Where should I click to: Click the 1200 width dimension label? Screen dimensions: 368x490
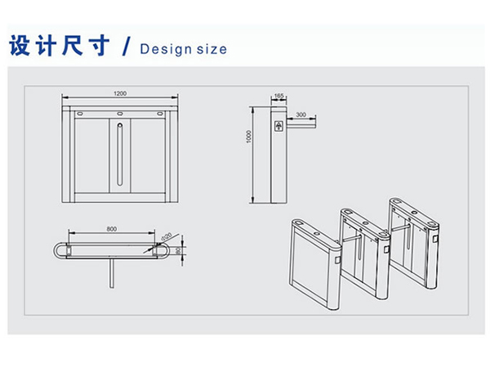coord(120,94)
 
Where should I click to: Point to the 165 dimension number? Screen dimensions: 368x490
coord(279,96)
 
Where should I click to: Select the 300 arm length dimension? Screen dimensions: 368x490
coord(301,114)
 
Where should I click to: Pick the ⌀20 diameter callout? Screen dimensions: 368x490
coord(166,236)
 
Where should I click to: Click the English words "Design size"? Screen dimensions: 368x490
coord(183,48)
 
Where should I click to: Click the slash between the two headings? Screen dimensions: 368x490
coord(125,47)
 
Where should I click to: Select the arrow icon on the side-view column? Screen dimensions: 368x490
coord(280,126)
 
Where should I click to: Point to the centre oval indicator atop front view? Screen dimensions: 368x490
coord(120,110)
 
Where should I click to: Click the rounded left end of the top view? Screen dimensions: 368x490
coord(58,250)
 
